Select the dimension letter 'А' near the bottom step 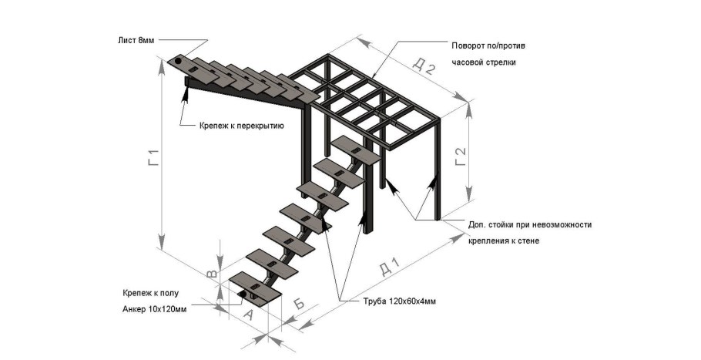click(x=248, y=314)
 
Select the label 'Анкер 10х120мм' click(x=154, y=309)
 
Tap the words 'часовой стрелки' click(x=483, y=62)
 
